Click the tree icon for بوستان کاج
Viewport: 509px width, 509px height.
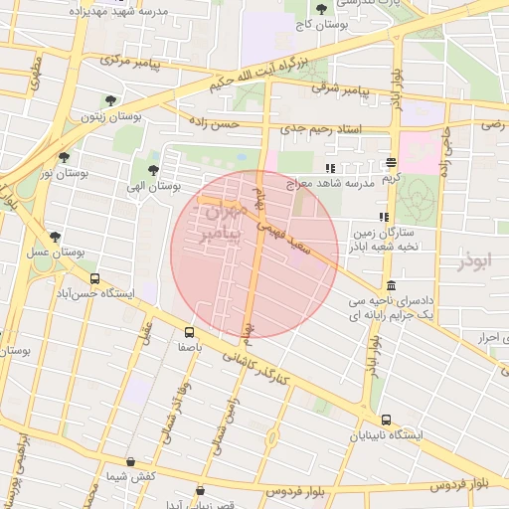[320, 10]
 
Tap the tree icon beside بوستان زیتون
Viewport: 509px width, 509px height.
[109, 100]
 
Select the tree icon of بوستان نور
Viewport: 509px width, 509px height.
[65, 157]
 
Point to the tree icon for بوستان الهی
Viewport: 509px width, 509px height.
[153, 170]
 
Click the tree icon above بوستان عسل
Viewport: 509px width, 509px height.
[55, 237]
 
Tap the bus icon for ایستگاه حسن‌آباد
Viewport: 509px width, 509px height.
[94, 279]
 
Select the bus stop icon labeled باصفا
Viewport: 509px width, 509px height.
[189, 333]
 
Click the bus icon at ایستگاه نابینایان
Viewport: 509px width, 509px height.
[386, 420]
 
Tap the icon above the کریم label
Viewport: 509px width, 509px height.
[391, 162]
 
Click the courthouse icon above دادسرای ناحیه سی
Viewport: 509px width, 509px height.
[390, 286]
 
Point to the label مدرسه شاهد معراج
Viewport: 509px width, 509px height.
[331, 184]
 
